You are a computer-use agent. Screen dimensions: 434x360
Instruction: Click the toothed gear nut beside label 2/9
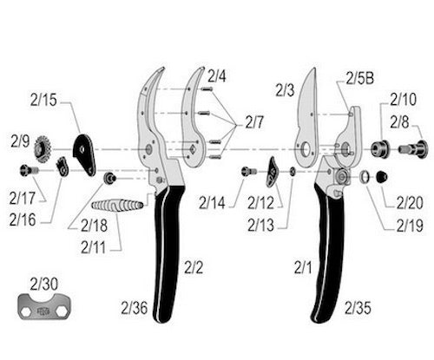click(x=43, y=149)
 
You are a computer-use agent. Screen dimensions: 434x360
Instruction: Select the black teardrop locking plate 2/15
click(x=84, y=154)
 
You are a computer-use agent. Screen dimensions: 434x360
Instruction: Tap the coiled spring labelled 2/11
click(x=117, y=206)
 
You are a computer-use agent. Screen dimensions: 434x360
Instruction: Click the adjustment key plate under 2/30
click(x=44, y=307)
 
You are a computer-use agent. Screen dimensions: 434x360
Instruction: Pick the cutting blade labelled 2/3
click(x=307, y=119)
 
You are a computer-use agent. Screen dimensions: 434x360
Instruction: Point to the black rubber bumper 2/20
click(x=382, y=177)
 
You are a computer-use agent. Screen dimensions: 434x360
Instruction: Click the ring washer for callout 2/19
click(x=365, y=177)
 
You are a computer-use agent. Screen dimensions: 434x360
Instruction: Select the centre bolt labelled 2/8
click(x=413, y=149)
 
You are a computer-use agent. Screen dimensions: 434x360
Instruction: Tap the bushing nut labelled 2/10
click(x=380, y=149)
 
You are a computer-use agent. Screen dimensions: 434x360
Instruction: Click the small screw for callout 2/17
click(x=29, y=170)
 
